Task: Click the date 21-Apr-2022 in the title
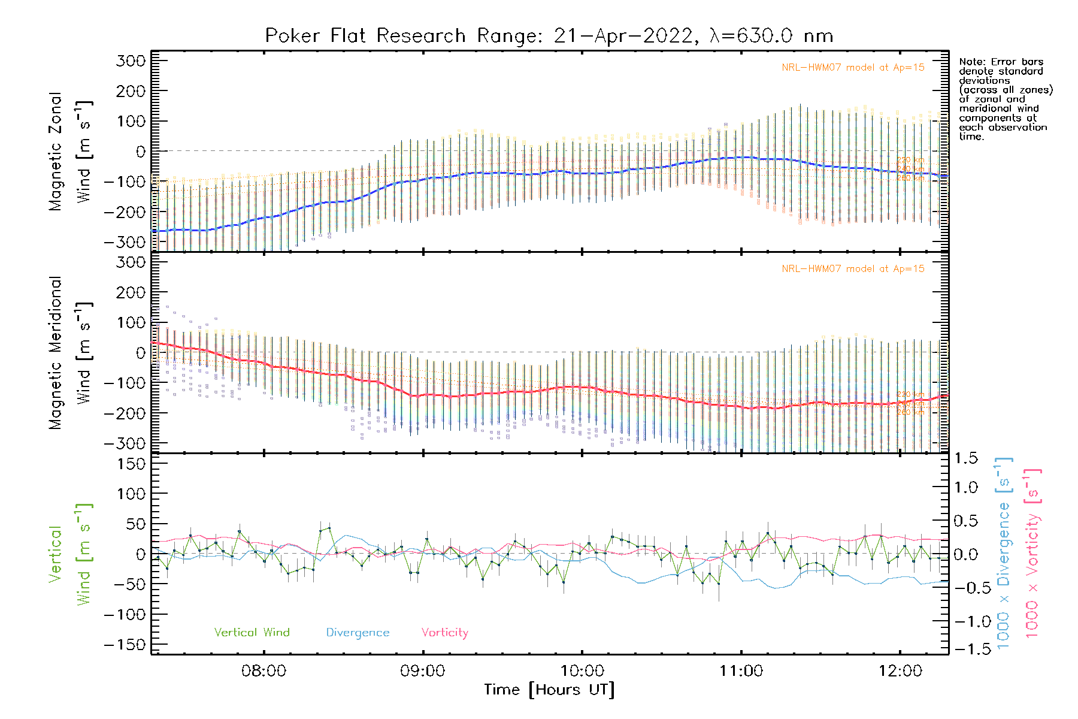click(623, 36)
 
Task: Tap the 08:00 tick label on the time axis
click(264, 671)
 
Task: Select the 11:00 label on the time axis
click(741, 671)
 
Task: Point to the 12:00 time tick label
click(900, 671)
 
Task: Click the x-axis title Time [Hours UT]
click(549, 690)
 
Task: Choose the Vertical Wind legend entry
click(252, 633)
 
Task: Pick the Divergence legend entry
click(358, 633)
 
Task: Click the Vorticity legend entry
click(444, 633)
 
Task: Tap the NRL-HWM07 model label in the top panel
click(853, 68)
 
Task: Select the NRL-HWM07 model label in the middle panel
click(853, 269)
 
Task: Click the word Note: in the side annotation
click(973, 62)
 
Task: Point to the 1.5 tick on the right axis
click(966, 458)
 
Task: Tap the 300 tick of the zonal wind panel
click(131, 61)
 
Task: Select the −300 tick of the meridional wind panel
click(125, 443)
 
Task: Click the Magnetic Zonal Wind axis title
click(69, 152)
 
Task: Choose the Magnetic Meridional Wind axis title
click(69, 354)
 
